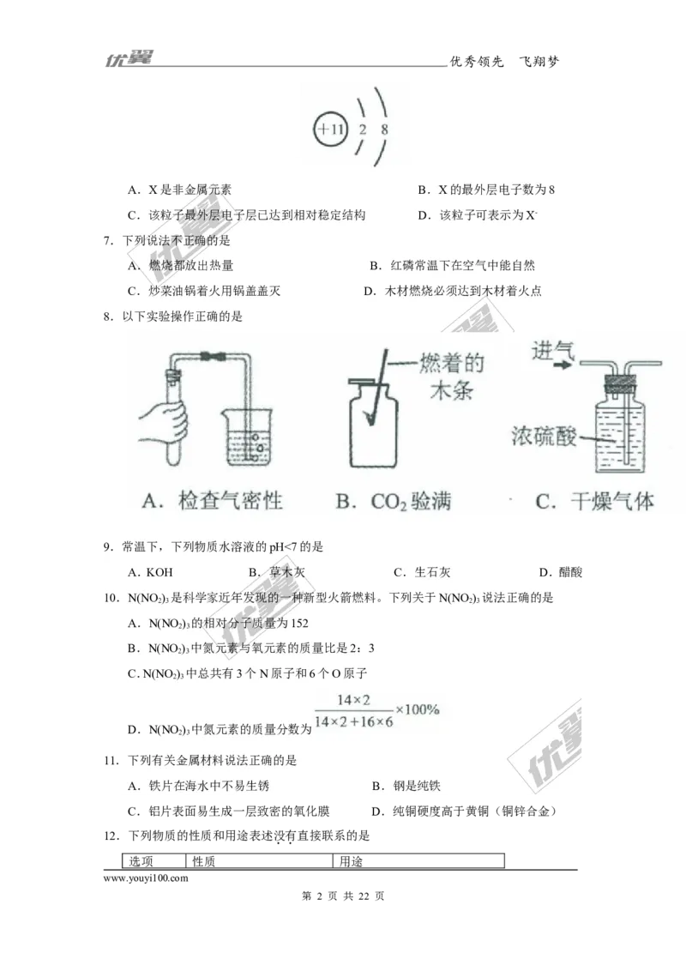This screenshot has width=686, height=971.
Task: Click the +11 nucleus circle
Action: tap(330, 130)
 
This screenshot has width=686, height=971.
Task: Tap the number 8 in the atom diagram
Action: tap(385, 130)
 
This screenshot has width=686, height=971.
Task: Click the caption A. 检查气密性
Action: tap(212, 501)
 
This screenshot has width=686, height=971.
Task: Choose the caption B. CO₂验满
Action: tap(394, 501)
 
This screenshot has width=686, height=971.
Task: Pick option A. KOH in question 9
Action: tap(145, 572)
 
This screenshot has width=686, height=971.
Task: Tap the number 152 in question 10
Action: tap(298, 623)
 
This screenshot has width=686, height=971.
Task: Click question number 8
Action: tap(108, 317)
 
